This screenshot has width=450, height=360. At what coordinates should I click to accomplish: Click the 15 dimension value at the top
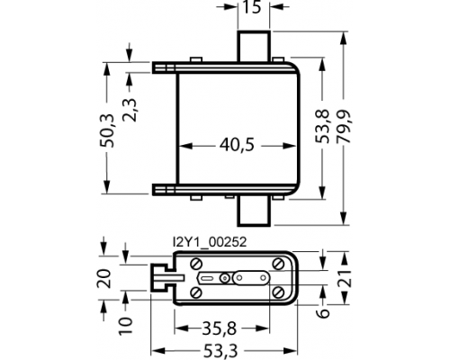252,7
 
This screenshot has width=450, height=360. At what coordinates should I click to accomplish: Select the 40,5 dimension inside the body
237,145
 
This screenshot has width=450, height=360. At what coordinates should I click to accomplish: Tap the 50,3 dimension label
107,130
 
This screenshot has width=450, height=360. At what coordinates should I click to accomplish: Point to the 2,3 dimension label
130,110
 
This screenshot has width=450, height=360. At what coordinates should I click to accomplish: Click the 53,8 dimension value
322,126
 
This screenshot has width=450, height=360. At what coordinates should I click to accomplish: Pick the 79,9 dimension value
344,126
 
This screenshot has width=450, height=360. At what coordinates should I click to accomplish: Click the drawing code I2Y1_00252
210,242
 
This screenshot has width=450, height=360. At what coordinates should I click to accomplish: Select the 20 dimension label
104,279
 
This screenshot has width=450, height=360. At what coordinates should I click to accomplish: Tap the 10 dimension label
125,326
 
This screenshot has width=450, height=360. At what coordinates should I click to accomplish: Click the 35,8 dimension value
220,328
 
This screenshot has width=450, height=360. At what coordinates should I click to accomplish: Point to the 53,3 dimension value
220,351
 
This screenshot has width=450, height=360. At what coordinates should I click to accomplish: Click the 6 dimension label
323,313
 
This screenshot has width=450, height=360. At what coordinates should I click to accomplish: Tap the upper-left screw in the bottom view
196,264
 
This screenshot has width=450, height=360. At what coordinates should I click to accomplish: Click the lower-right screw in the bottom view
278,292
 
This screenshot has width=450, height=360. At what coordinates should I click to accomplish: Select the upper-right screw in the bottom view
278,264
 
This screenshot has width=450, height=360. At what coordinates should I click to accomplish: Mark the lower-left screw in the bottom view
196,292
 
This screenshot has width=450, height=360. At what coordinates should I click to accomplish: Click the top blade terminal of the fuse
254,46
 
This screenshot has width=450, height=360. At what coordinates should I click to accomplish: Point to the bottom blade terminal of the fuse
254,211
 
